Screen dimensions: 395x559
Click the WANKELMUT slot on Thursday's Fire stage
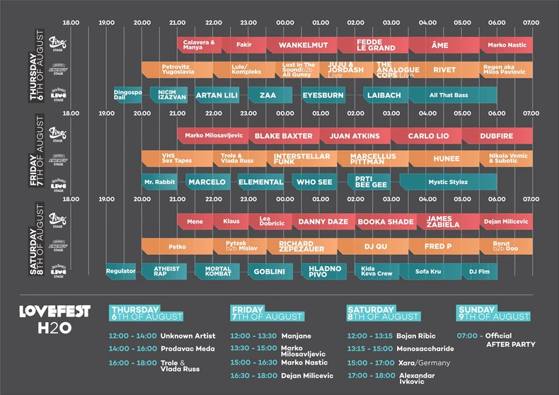pos(302,45)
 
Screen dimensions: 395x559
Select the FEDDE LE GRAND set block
pos(369,45)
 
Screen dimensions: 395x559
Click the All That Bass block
pos(449,95)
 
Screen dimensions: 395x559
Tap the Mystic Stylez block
pos(448,182)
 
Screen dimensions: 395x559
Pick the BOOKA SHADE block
pos(385,222)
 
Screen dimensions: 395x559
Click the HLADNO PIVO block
pos(325,272)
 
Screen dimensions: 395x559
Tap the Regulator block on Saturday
pos(120,271)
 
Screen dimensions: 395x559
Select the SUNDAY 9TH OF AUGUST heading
pos(494,313)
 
